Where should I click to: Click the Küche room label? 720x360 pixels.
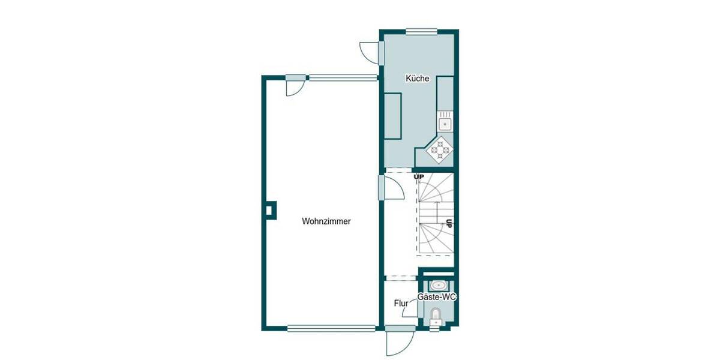417,79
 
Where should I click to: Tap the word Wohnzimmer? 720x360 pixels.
326,221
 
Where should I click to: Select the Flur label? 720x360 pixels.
401,304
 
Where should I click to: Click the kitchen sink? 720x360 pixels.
445,124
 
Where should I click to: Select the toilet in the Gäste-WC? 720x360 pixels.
436,315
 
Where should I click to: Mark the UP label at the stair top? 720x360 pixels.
419,176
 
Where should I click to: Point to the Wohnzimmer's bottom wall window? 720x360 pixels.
331,328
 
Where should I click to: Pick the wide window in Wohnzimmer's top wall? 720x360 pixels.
343,77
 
